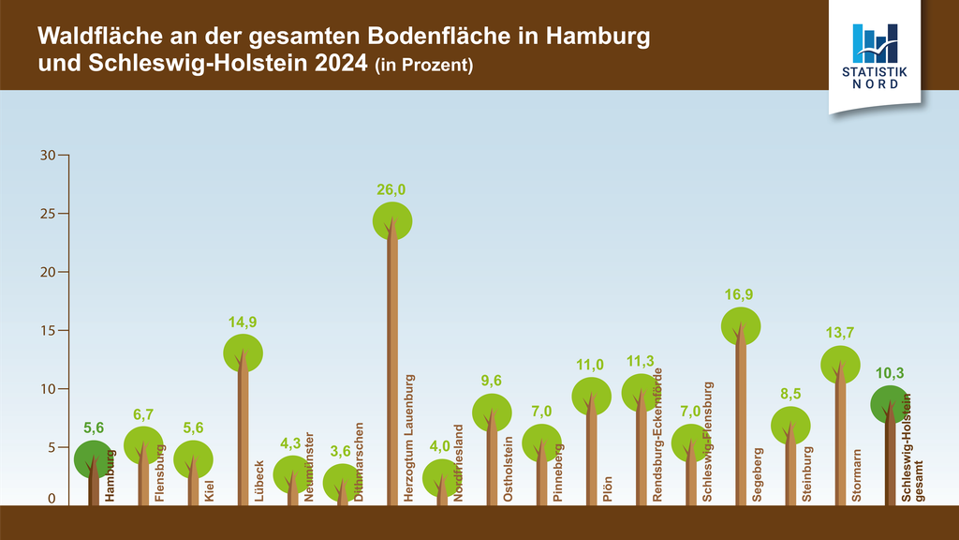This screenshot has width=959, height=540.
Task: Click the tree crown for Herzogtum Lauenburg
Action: coord(392,221)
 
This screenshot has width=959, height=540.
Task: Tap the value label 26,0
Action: coord(391,190)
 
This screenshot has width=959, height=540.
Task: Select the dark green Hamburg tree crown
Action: coord(94,458)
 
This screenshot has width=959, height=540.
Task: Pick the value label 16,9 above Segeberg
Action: coord(739,294)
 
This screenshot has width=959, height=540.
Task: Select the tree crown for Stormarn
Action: coord(840,366)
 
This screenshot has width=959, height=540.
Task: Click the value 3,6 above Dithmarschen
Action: coord(342,451)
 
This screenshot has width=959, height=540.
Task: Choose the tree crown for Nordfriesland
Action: coord(442,479)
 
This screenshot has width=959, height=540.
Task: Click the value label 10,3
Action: coord(889,373)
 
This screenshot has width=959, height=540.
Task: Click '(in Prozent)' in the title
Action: coord(423,67)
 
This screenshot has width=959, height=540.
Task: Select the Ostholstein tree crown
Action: coord(492,412)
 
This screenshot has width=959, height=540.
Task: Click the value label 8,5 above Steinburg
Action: coord(789,393)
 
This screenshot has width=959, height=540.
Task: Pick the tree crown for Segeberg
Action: coord(740,325)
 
